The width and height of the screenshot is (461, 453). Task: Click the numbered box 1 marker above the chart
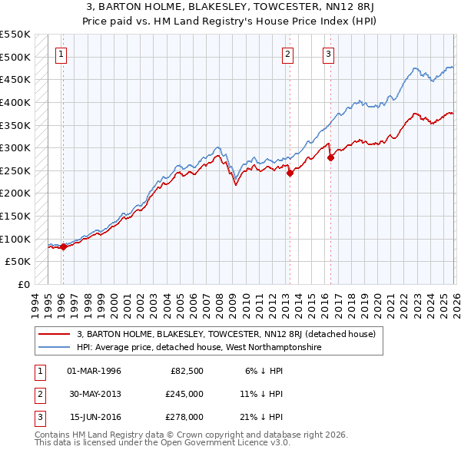(61, 54)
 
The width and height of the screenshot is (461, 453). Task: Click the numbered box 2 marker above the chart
(287, 54)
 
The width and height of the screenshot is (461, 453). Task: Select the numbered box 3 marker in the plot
(328, 54)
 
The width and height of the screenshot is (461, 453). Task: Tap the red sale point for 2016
(331, 157)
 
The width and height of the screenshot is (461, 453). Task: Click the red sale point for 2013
(290, 173)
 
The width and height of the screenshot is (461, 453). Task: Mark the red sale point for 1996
(63, 246)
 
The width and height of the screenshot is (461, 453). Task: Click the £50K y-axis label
(18, 262)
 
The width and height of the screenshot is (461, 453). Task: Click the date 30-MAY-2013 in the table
(95, 394)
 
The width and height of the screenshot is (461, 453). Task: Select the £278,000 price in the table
(184, 417)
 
